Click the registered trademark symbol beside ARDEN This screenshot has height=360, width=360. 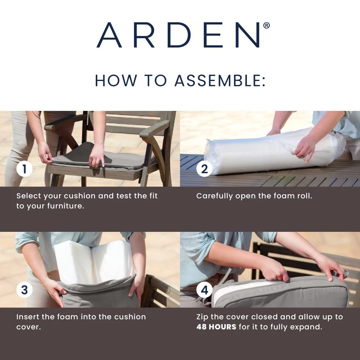266,25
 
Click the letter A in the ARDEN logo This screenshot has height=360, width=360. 109,35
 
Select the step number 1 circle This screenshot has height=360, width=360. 24,169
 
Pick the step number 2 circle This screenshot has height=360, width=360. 204,169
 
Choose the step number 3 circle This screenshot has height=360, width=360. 24,290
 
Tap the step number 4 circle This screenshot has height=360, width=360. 204,290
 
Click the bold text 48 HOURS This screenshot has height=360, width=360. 216,327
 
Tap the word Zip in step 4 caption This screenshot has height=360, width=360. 202,317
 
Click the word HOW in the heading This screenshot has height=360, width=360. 116,81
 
